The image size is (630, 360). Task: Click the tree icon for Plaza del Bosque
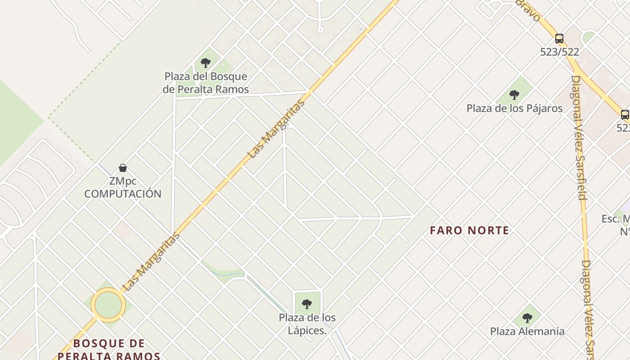point(206,63)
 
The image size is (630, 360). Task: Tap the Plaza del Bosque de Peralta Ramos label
point(206,83)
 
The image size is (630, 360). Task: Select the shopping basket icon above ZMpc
point(122,168)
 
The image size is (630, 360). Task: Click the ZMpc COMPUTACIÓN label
point(122,188)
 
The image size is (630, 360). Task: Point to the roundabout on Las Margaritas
point(108,305)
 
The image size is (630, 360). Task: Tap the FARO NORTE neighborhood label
point(469,231)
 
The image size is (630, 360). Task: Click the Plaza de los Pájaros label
point(514,108)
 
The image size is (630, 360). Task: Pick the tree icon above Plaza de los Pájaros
point(514,95)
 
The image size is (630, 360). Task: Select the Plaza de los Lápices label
point(307,324)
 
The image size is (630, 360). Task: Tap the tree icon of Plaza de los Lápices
point(307,304)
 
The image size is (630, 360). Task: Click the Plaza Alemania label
point(527,332)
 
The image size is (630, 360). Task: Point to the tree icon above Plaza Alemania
point(527,318)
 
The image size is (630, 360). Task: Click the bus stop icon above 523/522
point(559,39)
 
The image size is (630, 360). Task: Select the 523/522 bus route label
point(559,52)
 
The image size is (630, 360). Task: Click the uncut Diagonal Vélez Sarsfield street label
point(579,137)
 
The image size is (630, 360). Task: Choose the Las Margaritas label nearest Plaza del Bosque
point(276,129)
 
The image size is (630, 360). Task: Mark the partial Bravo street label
point(529,10)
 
